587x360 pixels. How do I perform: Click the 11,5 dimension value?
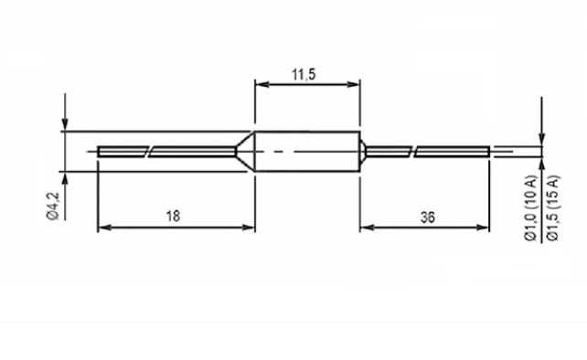click(x=304, y=75)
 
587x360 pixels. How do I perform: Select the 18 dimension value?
click(x=173, y=217)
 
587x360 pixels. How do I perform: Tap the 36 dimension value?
click(x=428, y=217)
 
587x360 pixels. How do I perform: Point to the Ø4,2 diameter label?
click(x=53, y=206)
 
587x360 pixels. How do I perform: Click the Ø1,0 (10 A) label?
click(x=531, y=208)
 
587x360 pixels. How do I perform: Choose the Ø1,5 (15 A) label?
click(x=552, y=208)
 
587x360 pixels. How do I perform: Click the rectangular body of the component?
click(x=307, y=152)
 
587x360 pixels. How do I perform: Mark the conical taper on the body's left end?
click(x=245, y=152)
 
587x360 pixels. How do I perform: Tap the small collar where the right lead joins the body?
click(x=363, y=152)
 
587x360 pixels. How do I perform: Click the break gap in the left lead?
click(x=148, y=152)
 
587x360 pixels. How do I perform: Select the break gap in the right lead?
click(x=413, y=152)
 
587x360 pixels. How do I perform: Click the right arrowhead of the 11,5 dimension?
click(x=353, y=84)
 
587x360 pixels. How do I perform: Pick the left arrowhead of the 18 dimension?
click(x=105, y=228)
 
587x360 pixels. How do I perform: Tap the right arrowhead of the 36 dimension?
click(x=482, y=228)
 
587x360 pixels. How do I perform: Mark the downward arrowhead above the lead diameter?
click(x=541, y=138)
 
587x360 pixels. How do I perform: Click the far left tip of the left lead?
click(x=98, y=152)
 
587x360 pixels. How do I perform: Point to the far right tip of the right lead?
click(x=489, y=152)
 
